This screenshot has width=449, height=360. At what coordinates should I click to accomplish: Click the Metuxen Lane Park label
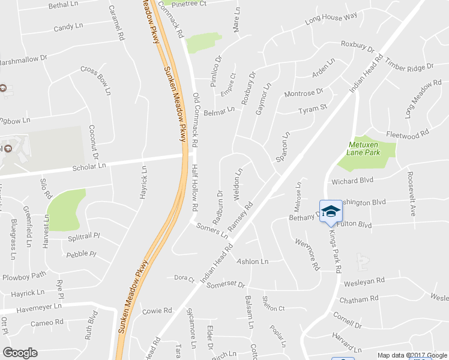tap(364, 148)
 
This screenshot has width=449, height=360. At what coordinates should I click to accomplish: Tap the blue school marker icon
tap(331, 211)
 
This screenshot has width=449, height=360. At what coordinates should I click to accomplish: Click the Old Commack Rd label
tap(195, 120)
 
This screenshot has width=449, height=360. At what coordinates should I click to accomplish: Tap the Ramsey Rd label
tap(241, 214)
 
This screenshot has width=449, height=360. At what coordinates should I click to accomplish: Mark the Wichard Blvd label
tap(352, 181)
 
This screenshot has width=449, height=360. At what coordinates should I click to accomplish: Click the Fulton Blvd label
tap(355, 224)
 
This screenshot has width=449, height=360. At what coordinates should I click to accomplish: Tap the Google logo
tap(20, 353)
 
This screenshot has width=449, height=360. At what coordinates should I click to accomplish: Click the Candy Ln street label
tap(68, 27)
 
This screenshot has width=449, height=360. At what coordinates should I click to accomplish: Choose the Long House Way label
tap(331, 19)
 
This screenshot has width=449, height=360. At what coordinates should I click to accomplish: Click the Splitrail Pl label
tap(83, 236)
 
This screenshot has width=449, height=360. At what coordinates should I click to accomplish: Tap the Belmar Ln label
tap(219, 111)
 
